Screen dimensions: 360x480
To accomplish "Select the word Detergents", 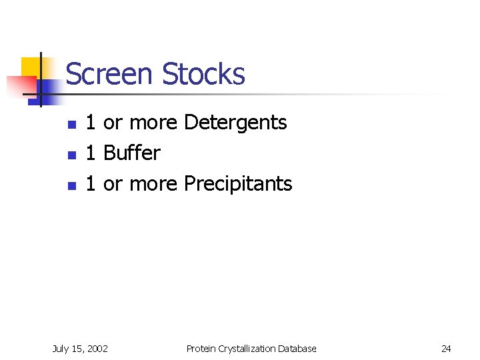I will [x=235, y=123].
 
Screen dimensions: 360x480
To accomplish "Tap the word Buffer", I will [x=132, y=153].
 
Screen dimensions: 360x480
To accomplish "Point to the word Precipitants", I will [x=237, y=184].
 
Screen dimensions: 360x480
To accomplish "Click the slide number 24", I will [x=446, y=349].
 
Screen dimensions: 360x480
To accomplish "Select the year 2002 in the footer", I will [x=96, y=349].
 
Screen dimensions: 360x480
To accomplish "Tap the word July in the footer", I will [x=61, y=349].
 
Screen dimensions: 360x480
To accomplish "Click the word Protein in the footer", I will [x=201, y=349].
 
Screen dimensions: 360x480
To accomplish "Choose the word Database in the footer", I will [x=297, y=349].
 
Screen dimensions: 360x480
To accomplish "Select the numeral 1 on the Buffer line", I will [x=92, y=153].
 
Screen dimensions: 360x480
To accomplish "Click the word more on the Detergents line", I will [x=153, y=123].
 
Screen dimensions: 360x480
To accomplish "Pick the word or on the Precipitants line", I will [x=113, y=184].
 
